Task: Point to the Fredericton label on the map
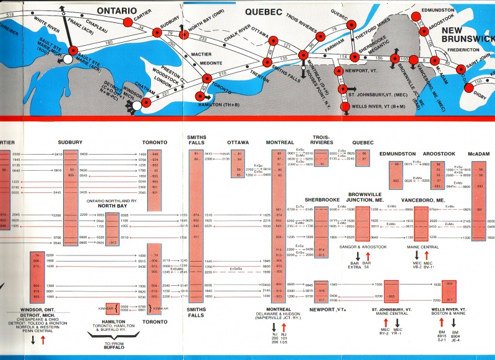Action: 457,49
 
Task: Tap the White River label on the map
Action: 48,27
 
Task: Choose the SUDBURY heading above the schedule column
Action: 70,142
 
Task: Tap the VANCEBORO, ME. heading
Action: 424,201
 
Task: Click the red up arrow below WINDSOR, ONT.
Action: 43,340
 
